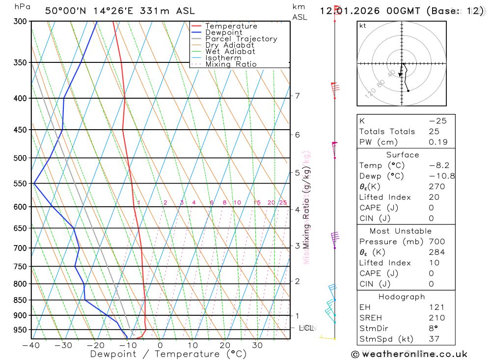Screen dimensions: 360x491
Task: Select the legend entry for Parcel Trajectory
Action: [241, 39]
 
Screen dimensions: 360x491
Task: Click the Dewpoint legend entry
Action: [224, 32]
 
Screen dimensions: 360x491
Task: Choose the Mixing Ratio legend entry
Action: [231, 64]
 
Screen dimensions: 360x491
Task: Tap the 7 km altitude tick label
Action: [298, 96]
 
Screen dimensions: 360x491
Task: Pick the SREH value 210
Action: [436, 318]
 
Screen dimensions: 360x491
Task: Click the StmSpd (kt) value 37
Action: [434, 339]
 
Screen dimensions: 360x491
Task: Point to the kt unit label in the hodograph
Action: [363, 26]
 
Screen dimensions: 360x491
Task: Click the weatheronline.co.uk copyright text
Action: [409, 354]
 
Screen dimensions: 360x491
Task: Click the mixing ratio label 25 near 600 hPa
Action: [283, 203]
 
